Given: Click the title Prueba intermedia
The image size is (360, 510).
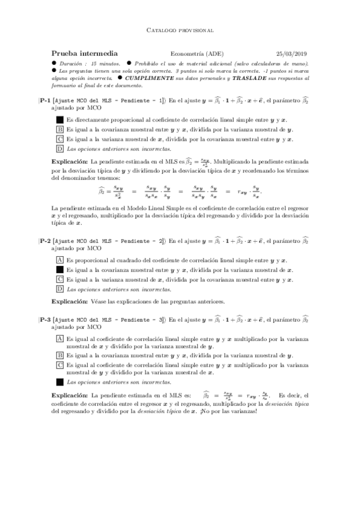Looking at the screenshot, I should (84, 54).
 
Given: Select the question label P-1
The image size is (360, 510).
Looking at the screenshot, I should (44, 102).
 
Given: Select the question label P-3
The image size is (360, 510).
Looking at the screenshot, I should (44, 320).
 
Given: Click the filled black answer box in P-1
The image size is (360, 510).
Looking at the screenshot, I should (59, 120).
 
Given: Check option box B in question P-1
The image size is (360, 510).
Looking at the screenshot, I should (59, 129).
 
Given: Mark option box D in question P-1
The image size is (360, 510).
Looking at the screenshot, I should (59, 149).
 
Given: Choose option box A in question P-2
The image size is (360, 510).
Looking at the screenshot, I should (59, 260).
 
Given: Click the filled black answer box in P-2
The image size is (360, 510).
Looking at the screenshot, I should (59, 269).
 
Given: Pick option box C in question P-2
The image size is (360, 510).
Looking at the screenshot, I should (59, 279).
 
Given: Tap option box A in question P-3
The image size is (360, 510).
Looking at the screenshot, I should (59, 339).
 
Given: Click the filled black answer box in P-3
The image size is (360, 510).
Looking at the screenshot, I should (59, 381).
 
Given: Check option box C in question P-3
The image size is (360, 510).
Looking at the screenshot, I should (59, 364).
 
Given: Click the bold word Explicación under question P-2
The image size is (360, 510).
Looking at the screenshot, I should (70, 301).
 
